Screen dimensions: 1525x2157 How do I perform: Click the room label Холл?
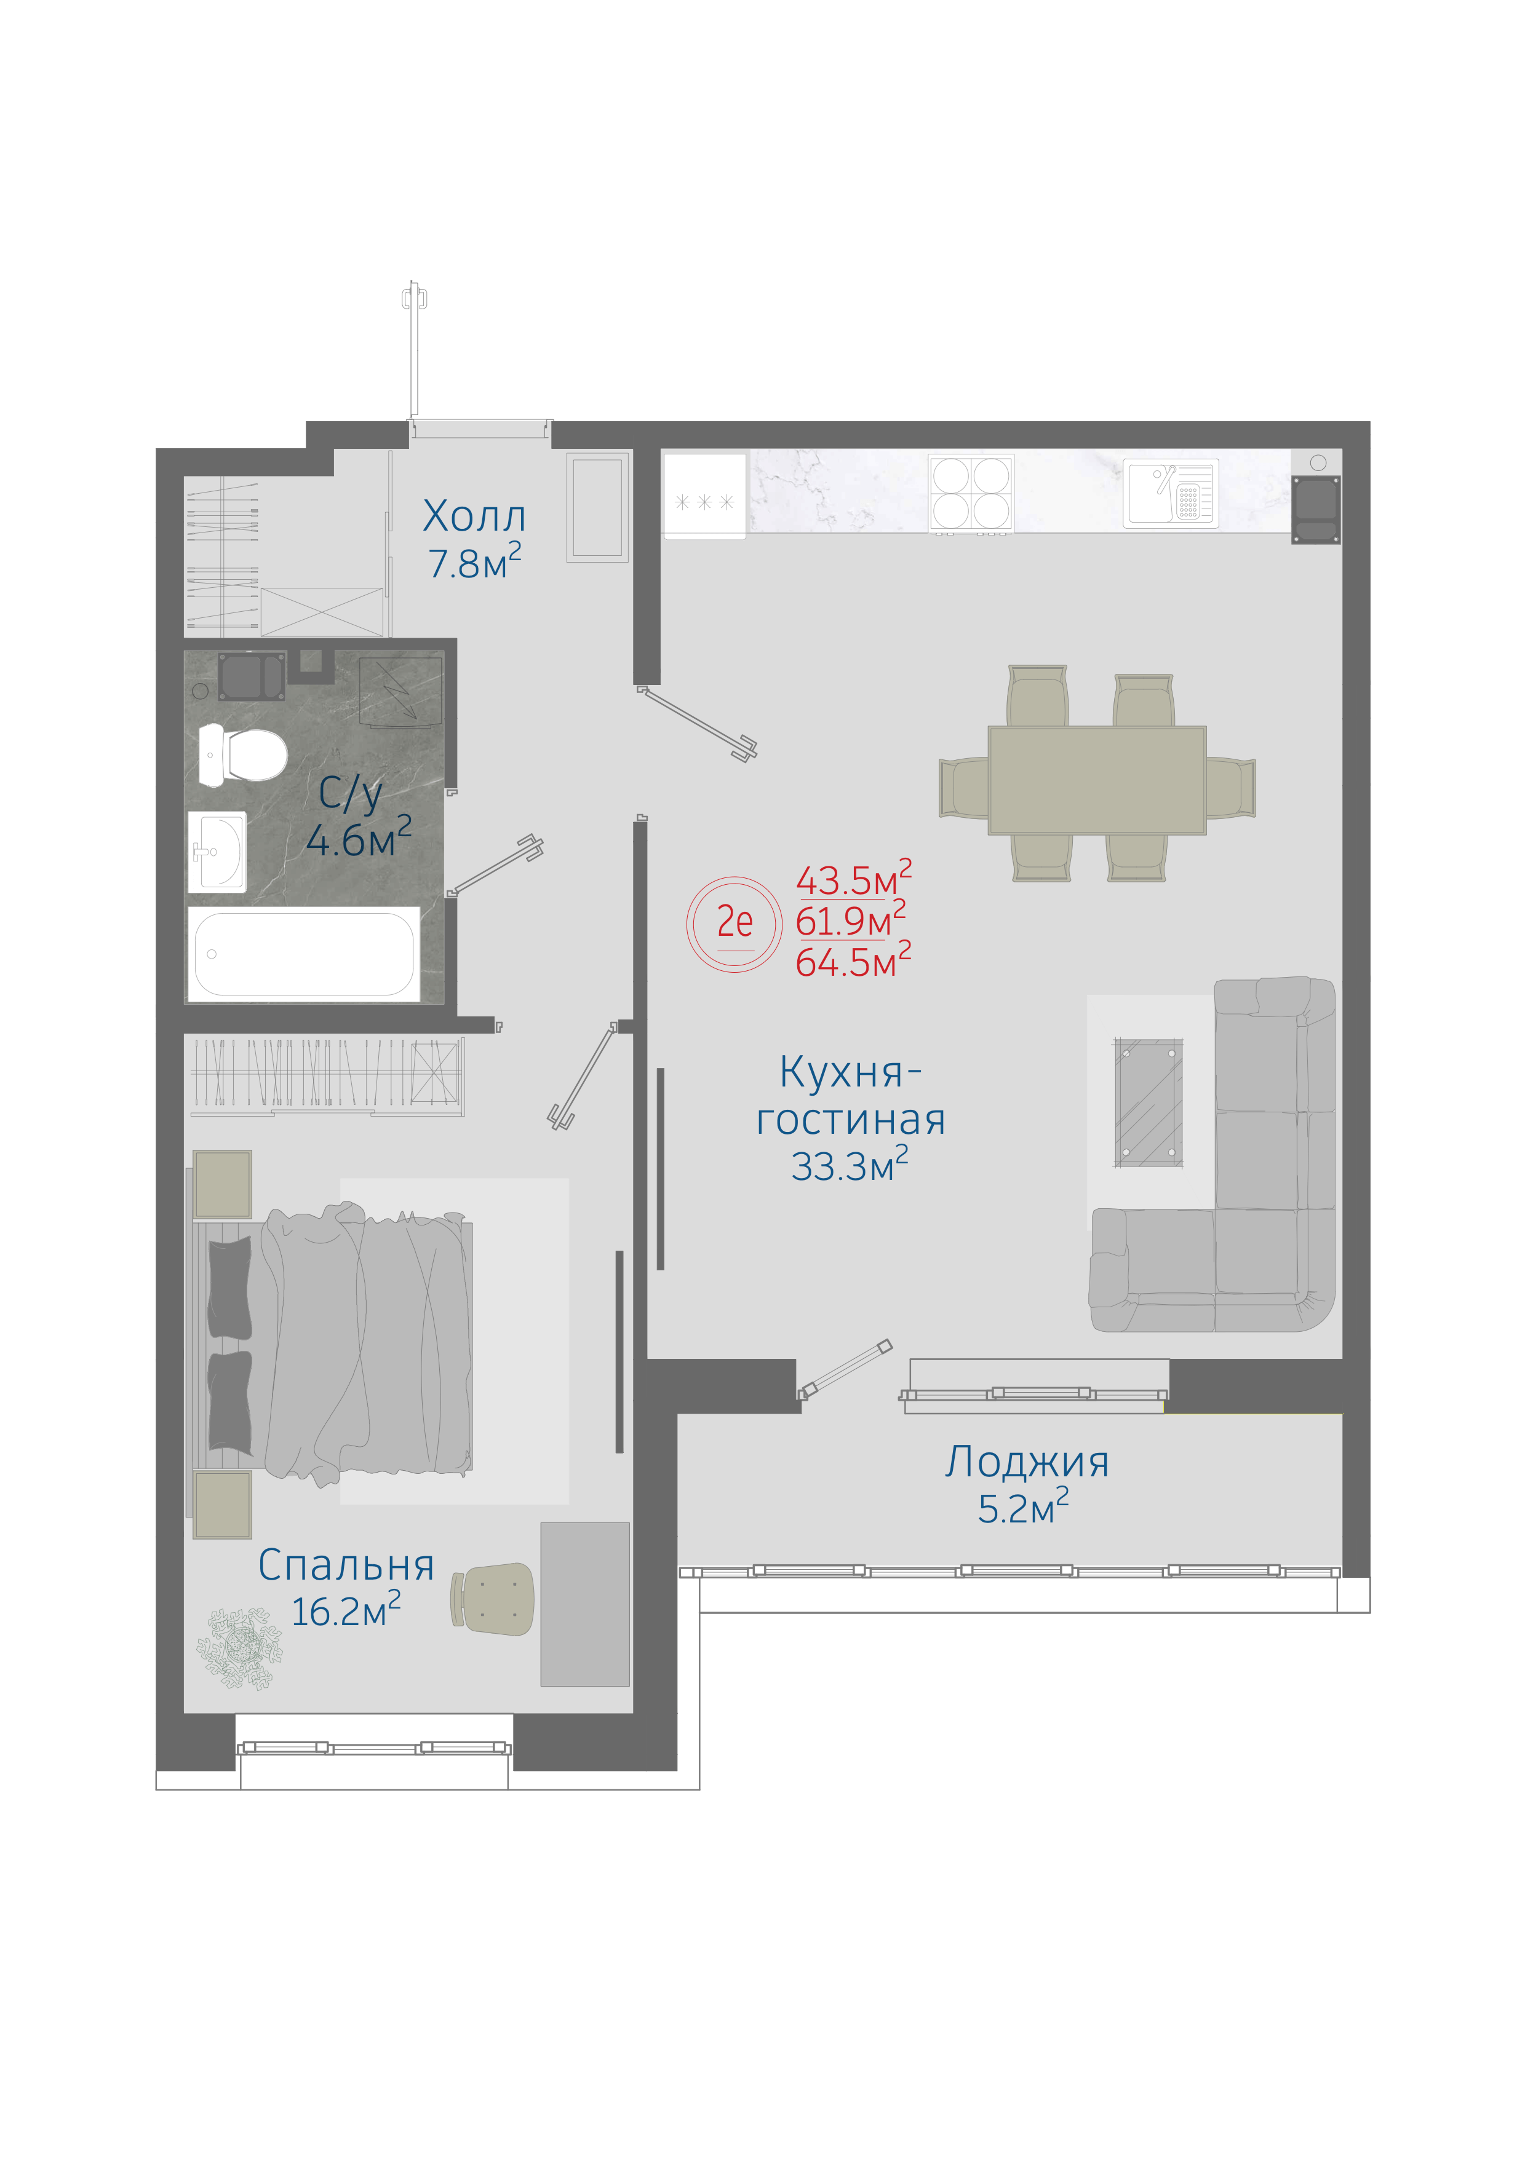click(x=474, y=516)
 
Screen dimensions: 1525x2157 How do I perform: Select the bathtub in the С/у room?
click(x=303, y=954)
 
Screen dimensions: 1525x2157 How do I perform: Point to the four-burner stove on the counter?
click(x=971, y=494)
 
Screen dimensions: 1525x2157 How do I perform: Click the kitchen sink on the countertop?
click(x=1171, y=493)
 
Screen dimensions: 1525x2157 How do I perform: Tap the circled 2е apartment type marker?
click(x=734, y=924)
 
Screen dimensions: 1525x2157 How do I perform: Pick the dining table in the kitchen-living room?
click(x=1096, y=780)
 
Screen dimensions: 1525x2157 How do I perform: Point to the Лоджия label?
click(x=1027, y=1462)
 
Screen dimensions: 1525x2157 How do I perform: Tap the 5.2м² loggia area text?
click(x=1023, y=1507)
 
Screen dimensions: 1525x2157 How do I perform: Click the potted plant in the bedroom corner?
click(x=239, y=1648)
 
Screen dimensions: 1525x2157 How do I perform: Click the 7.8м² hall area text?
click(x=474, y=562)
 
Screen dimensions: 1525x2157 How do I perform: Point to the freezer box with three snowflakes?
click(x=705, y=496)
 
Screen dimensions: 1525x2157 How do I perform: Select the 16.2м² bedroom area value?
click(x=346, y=1610)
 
